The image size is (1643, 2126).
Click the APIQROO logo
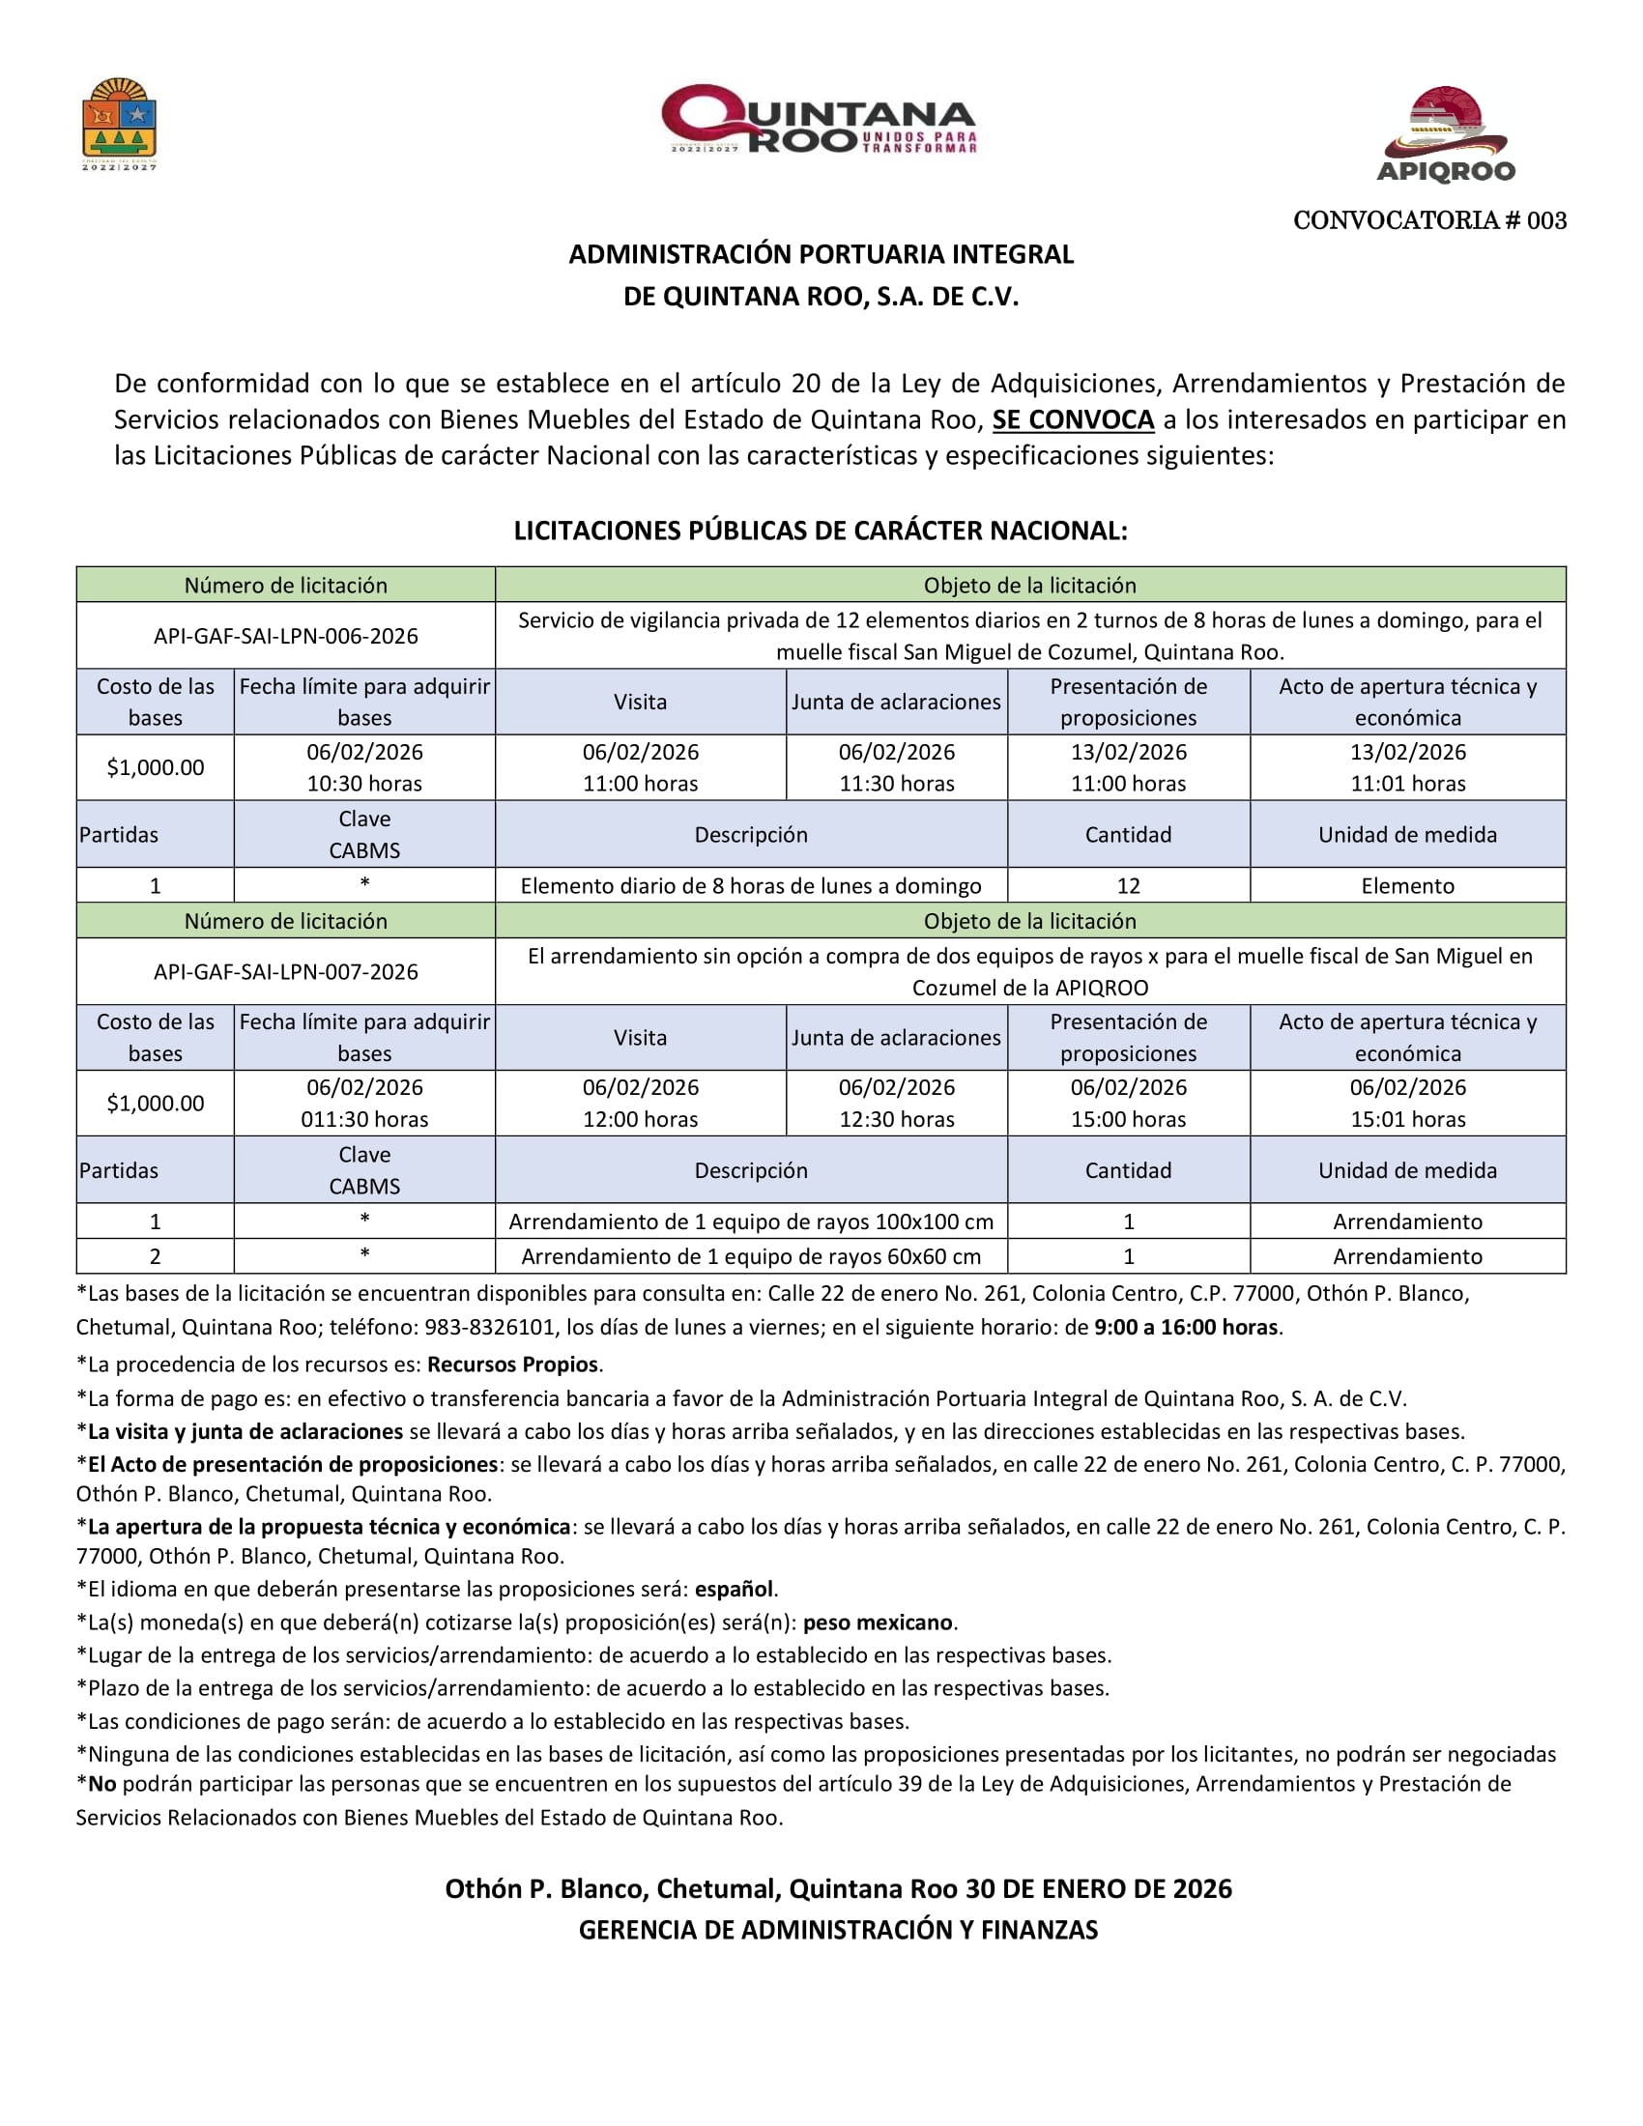click(1447, 134)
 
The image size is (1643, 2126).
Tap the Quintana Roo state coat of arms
click(119, 124)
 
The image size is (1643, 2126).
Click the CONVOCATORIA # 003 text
click(1428, 221)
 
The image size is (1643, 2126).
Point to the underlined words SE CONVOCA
click(1073, 419)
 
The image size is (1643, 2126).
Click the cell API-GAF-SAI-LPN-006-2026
click(285, 636)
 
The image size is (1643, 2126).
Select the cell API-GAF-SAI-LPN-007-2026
click(285, 971)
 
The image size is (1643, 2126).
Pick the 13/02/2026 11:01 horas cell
click(1407, 767)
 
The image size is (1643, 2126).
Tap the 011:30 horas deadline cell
click(364, 1103)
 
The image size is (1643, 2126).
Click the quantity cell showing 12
click(1128, 886)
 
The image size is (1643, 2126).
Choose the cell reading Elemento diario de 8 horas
click(750, 886)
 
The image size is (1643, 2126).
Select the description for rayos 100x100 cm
click(750, 1221)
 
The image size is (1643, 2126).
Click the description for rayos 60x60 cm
click(750, 1256)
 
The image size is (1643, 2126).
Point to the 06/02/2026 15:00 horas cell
click(1128, 1103)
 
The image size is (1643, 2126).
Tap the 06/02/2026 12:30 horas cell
click(897, 1103)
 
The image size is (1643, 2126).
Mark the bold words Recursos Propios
click(514, 1365)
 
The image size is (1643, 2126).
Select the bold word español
click(735, 1589)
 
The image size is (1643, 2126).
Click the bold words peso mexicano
click(877, 1623)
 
